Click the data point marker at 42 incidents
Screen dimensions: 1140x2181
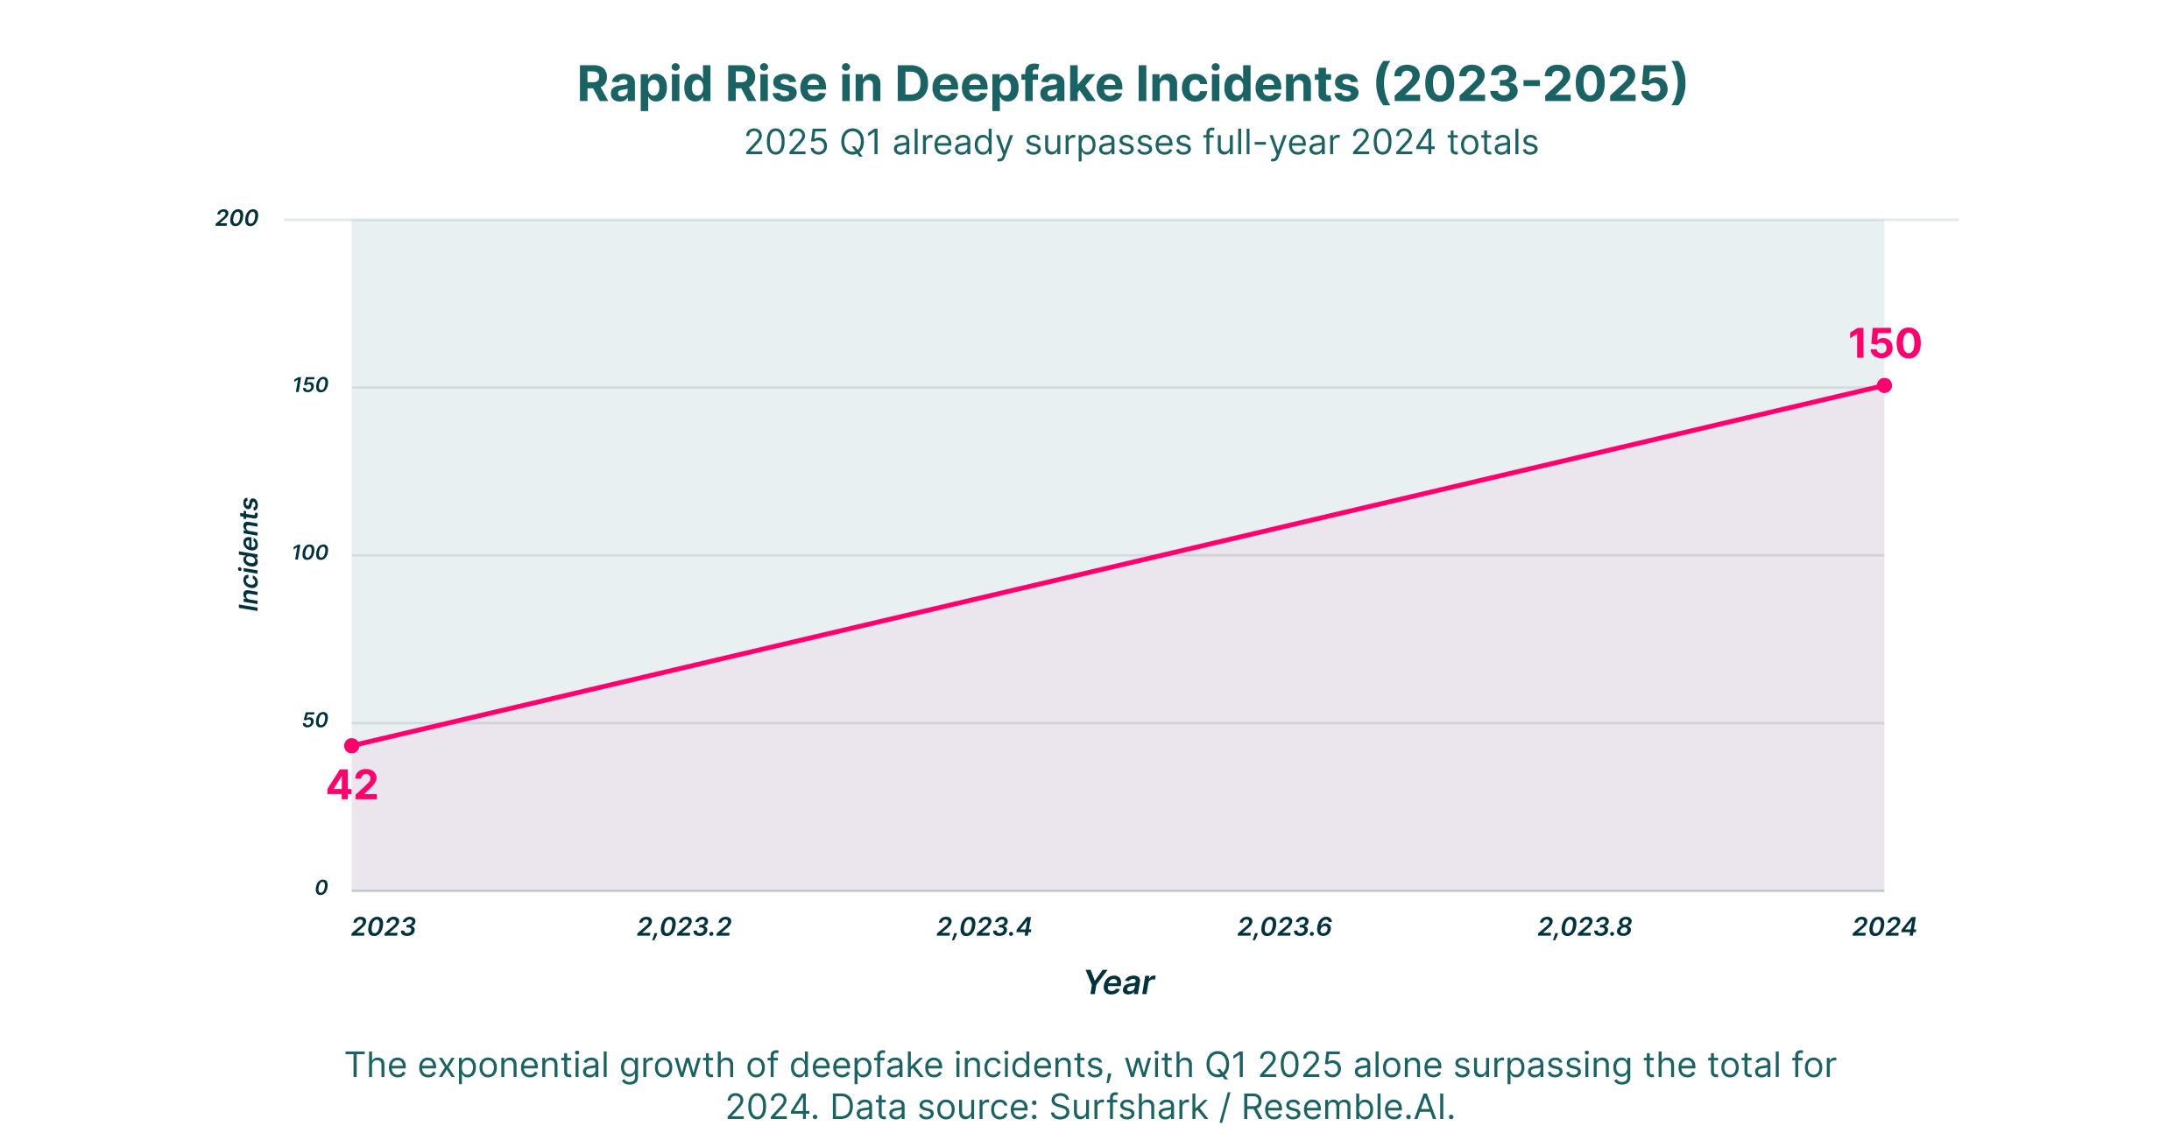coord(351,746)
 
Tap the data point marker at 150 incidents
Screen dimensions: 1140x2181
coord(1884,385)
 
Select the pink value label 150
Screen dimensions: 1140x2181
coord(1884,343)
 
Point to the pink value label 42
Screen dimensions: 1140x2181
coord(352,785)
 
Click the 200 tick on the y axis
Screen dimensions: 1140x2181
coord(237,218)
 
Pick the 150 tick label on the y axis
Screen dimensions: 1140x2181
coord(310,385)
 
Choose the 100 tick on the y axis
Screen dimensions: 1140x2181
coord(310,553)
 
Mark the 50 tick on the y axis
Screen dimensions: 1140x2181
coord(315,721)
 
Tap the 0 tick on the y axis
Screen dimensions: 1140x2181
coord(321,888)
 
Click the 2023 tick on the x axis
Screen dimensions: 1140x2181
coord(384,927)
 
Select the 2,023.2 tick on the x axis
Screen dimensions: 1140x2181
coord(684,927)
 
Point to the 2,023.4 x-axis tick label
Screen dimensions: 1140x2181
coord(985,927)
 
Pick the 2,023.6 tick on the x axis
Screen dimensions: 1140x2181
coord(1285,927)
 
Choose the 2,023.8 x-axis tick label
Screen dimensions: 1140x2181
coord(1585,927)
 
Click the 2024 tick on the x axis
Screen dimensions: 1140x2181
coord(1884,927)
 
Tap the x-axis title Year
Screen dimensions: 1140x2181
coord(1119,983)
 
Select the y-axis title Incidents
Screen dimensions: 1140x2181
coord(250,553)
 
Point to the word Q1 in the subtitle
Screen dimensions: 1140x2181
coord(860,143)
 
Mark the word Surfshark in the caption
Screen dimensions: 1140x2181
coord(1128,1107)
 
